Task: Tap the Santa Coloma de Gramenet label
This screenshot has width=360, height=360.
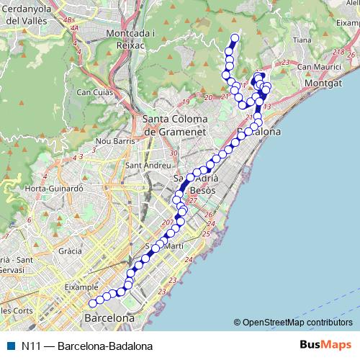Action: (176, 125)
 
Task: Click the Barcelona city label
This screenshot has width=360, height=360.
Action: (110, 318)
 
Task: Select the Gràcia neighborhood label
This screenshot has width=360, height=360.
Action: (70, 252)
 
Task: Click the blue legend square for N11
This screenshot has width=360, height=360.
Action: (10, 346)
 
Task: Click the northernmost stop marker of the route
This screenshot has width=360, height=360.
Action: (234, 38)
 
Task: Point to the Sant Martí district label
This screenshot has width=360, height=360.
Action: (164, 246)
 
